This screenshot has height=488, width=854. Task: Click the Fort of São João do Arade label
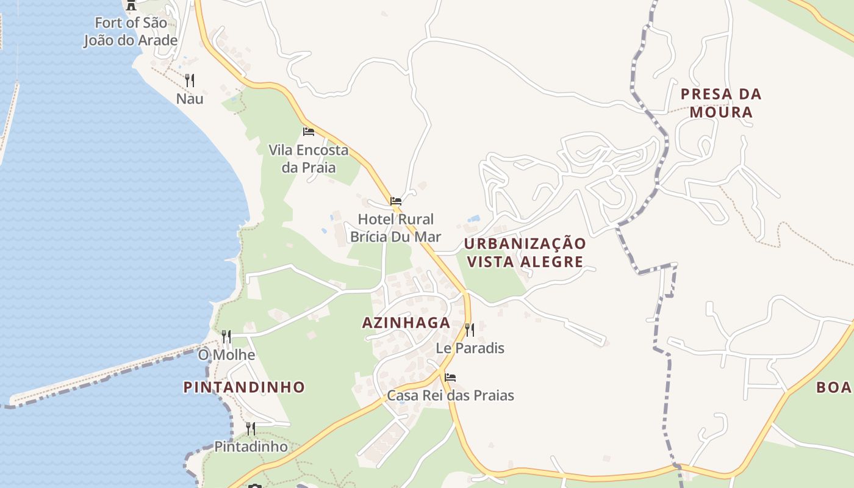point(130,32)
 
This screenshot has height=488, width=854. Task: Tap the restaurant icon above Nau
point(190,80)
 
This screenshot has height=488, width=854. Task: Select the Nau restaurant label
point(190,99)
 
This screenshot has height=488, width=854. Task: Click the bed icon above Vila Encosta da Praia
point(309,131)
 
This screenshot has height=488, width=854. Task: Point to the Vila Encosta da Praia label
point(309,159)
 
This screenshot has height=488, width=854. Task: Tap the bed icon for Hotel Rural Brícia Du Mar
point(396,201)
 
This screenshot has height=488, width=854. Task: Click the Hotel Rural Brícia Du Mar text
point(395,228)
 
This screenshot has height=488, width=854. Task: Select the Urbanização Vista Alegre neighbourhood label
point(525,253)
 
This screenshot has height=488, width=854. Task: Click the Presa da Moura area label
point(721,103)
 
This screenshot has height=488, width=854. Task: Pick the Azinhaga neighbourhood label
point(406,323)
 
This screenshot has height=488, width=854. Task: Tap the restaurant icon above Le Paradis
point(470,330)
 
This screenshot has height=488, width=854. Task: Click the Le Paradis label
point(470,348)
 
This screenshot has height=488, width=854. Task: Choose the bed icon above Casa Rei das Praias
point(450,377)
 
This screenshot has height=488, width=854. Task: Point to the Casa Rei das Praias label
point(450,396)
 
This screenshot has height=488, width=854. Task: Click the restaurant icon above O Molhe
point(226,336)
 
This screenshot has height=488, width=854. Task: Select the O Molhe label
point(226,355)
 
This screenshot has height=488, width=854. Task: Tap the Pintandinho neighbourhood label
point(244,387)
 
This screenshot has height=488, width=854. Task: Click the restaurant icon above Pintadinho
point(251,428)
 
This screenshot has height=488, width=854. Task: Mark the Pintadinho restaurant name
point(251,447)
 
